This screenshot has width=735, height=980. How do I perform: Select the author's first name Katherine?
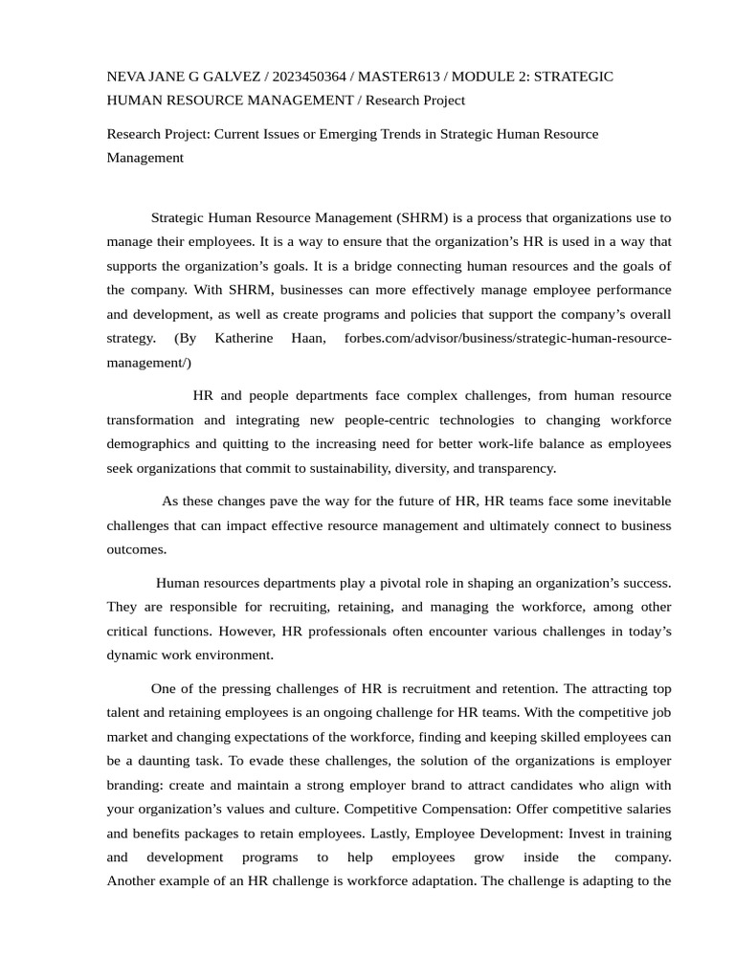pos(245,339)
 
